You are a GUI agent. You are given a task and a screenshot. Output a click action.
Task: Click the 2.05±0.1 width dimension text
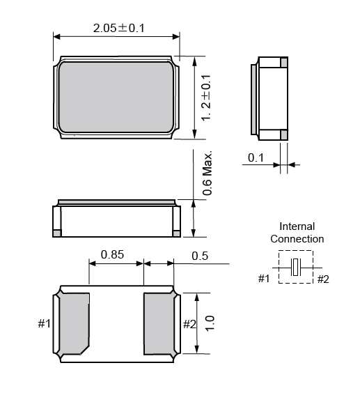119,28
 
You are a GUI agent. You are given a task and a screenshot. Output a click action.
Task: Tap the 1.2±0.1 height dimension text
206,98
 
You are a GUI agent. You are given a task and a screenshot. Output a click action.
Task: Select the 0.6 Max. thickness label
208,173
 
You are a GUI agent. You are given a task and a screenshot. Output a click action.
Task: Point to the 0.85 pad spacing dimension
112,254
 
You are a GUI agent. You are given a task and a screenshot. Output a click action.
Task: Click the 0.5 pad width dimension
200,256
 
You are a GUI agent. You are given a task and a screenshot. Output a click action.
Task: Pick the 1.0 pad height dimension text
210,323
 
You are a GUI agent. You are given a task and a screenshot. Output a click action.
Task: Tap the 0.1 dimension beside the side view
256,157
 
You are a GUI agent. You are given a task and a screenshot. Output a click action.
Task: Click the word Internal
297,226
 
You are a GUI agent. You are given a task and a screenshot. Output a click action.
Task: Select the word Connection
297,239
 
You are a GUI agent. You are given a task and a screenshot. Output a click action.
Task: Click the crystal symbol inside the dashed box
296,267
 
